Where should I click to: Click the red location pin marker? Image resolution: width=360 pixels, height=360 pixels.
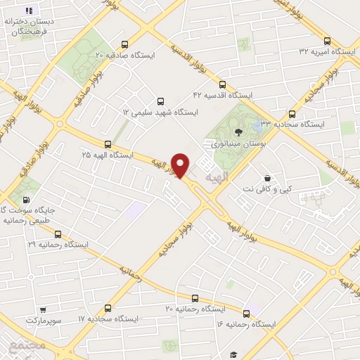click(x=181, y=165)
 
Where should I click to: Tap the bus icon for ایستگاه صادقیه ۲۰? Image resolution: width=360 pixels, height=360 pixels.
click(x=125, y=42)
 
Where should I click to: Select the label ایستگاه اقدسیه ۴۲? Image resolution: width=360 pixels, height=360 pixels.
click(x=224, y=94)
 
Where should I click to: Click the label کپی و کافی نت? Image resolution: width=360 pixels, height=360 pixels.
click(x=266, y=190)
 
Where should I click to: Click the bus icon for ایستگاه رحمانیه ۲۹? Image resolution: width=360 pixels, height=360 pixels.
click(x=58, y=234)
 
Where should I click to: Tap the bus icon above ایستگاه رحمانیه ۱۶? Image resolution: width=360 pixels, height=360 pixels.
click(x=246, y=313)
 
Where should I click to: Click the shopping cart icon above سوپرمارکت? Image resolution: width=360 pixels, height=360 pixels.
click(x=44, y=309)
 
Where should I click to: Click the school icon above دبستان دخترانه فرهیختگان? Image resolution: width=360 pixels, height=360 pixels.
click(x=30, y=11)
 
